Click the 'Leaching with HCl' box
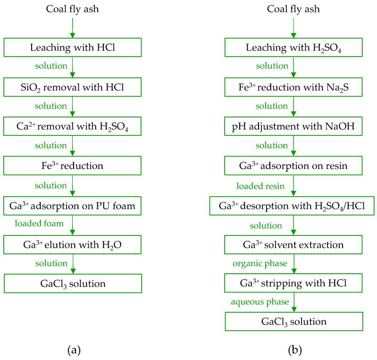(72, 47)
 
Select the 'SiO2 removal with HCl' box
(72, 87)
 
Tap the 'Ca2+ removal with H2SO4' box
(72, 126)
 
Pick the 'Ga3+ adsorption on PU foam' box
(72, 206)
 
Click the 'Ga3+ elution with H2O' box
(72, 244)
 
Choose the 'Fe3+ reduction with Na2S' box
(293, 87)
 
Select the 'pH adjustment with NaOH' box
(293, 126)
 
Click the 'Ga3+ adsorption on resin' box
(293, 166)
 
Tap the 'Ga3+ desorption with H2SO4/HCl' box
(292, 206)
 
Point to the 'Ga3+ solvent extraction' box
(293, 244)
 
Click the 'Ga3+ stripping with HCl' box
(293, 283)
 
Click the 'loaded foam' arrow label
(39, 223)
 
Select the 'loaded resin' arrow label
(260, 186)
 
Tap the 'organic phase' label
(260, 264)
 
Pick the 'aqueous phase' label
(260, 302)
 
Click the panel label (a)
(74, 350)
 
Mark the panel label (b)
(295, 350)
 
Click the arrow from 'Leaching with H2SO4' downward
(293, 67)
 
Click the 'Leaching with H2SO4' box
(293, 47)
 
